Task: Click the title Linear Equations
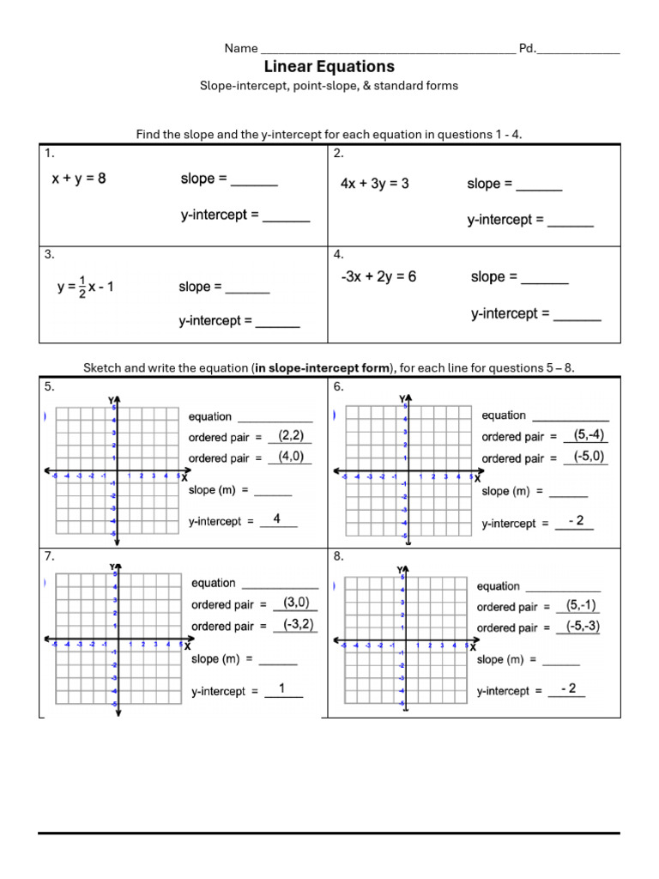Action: point(329,66)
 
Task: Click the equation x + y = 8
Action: point(79,179)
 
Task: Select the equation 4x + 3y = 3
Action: point(374,184)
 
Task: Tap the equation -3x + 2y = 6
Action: point(378,276)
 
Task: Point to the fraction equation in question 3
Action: point(85,287)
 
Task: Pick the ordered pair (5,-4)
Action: point(589,434)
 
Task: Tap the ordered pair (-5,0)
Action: point(589,456)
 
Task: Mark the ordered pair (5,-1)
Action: point(581,605)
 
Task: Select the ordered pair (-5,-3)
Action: point(583,626)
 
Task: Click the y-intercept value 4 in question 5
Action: point(276,518)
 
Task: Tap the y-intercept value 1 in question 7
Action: point(281,688)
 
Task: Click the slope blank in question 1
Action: point(254,182)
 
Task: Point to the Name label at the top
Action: point(241,48)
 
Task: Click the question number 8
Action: point(338,556)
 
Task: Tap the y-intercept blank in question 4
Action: point(577,317)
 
